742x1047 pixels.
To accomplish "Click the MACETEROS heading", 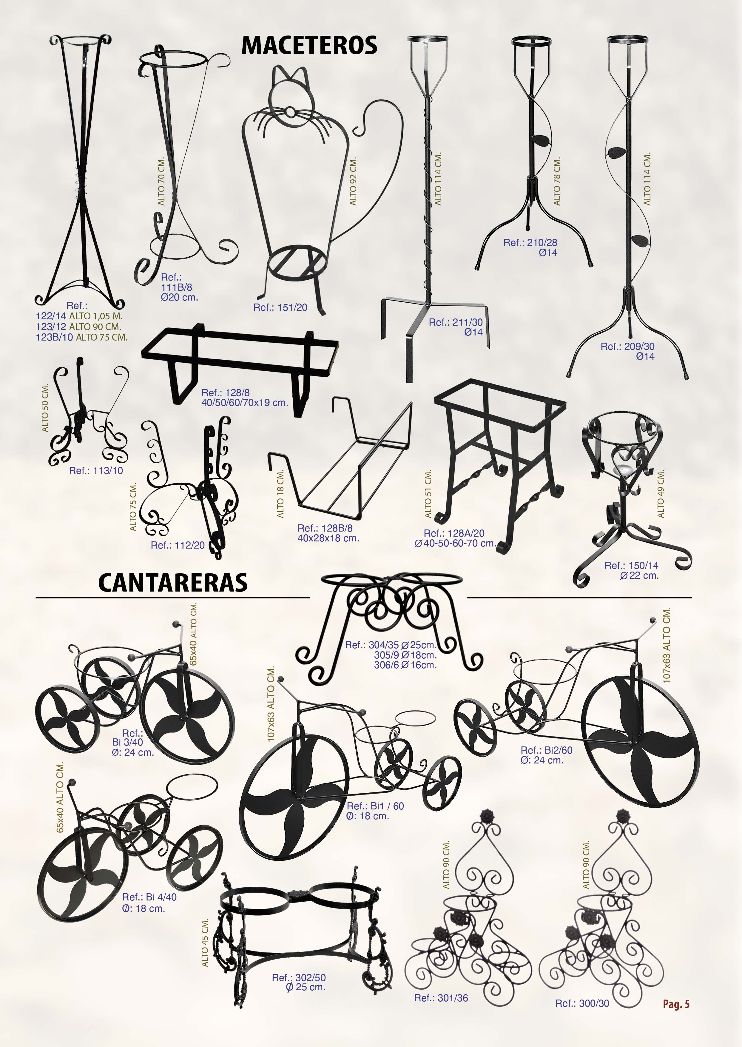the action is (309, 46).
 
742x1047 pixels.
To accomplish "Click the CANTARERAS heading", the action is (173, 583).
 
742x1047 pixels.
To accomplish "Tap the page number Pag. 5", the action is (676, 1004).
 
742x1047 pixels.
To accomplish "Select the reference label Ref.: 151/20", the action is (280, 308).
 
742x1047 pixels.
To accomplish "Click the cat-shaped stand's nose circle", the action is (290, 112).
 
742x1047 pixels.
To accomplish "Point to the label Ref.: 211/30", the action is (456, 322).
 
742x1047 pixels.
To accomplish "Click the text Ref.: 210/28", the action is (530, 243).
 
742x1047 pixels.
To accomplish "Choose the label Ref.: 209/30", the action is (628, 347).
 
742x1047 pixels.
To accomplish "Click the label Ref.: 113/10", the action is (96, 471).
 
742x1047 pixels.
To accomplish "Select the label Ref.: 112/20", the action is (178, 545).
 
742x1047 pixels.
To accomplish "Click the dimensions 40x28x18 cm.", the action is (328, 538).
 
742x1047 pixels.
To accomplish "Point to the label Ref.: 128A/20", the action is (454, 533).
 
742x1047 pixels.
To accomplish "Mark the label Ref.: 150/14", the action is (631, 566).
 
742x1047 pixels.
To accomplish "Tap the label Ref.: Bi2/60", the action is (547, 750).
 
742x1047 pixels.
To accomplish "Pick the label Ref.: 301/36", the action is (441, 998).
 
